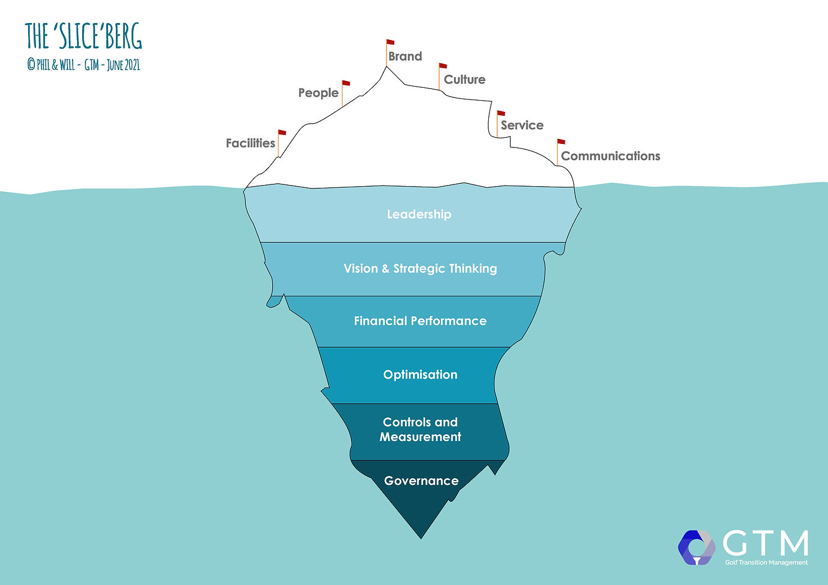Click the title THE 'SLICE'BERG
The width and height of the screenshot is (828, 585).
click(x=83, y=37)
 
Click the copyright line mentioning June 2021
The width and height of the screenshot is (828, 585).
click(x=83, y=65)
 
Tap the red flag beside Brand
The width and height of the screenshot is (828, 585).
click(x=390, y=42)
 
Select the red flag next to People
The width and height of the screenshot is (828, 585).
click(x=346, y=84)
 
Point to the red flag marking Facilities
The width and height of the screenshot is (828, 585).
click(x=282, y=133)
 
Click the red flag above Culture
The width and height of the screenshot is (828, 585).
click(x=443, y=66)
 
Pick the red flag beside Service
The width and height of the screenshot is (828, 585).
click(x=501, y=113)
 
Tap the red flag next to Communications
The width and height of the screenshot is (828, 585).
click(x=561, y=142)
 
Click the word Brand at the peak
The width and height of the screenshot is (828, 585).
click(x=405, y=56)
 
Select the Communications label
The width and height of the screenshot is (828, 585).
click(x=610, y=156)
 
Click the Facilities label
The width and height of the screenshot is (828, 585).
click(x=250, y=143)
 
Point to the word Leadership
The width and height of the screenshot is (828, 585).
click(x=419, y=214)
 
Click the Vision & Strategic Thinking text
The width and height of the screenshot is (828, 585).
click(x=420, y=268)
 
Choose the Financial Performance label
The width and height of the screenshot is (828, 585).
click(x=420, y=321)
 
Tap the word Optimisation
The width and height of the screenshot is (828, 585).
click(x=420, y=375)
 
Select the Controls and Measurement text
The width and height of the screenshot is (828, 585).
click(x=420, y=429)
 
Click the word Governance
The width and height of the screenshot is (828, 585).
click(x=421, y=480)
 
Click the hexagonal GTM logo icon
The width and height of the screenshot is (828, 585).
click(x=696, y=547)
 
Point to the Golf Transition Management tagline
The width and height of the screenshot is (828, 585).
click(x=766, y=562)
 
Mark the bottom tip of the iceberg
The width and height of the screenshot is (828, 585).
click(x=421, y=537)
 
